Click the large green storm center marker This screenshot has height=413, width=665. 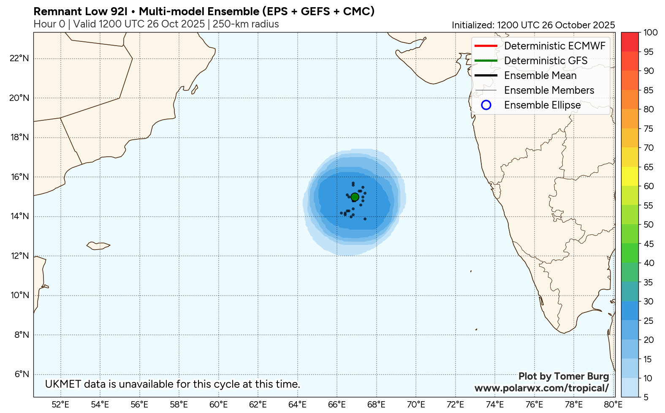(355, 197)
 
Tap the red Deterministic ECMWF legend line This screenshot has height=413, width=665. (486, 46)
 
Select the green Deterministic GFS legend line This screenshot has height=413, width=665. (486, 60)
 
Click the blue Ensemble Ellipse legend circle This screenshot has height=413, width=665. (486, 105)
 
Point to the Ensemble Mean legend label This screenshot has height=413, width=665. (540, 76)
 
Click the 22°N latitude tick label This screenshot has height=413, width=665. (19, 58)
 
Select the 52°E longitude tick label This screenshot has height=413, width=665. (60, 405)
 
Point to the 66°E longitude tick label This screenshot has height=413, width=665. (337, 405)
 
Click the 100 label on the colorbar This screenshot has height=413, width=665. (651, 33)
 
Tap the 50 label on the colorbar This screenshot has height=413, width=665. (649, 225)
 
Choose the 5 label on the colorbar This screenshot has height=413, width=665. (646, 397)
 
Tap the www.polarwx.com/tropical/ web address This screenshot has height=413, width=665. (541, 388)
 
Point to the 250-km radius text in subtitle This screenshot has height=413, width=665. (246, 24)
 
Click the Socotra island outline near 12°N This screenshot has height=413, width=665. (98, 245)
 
